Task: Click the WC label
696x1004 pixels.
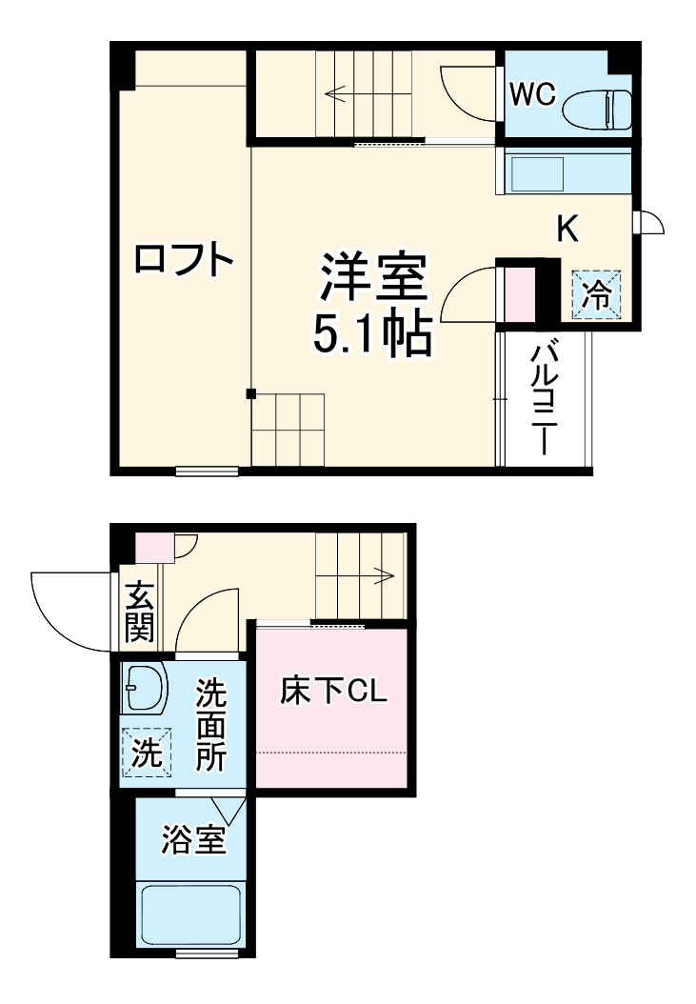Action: click(x=532, y=95)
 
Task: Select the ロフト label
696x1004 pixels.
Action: click(x=183, y=259)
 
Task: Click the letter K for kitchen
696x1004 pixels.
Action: click(x=568, y=229)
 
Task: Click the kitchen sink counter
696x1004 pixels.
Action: click(x=562, y=174)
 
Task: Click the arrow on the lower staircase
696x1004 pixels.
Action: click(x=384, y=573)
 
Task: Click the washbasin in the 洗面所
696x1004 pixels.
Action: click(x=144, y=688)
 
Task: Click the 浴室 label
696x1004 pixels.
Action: click(x=192, y=841)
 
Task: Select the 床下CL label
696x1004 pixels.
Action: click(x=332, y=692)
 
